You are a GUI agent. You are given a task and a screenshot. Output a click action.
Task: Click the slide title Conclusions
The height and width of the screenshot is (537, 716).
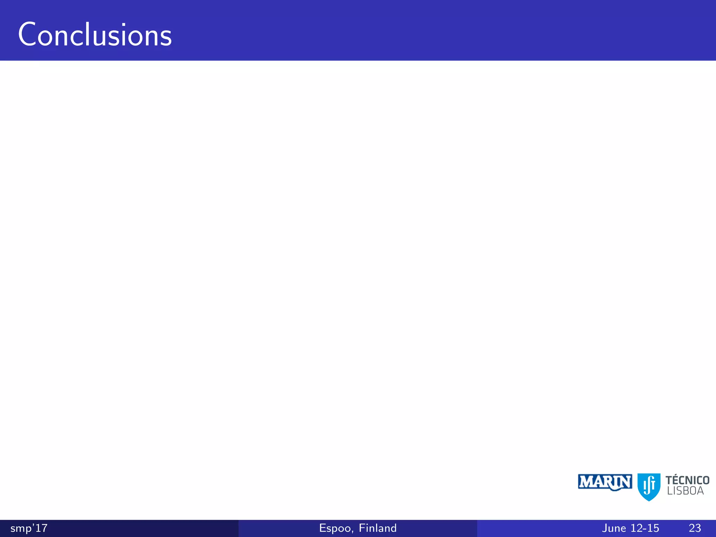pos(95,35)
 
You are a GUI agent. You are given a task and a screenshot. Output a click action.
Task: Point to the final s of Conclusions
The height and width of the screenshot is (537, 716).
pos(165,38)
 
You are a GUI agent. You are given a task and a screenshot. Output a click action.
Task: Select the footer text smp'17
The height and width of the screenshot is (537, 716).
pos(29,528)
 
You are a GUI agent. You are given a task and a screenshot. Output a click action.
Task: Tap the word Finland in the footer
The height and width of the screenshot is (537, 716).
pos(378,528)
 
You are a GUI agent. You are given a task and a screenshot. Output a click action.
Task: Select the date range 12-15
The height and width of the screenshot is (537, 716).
pos(645,528)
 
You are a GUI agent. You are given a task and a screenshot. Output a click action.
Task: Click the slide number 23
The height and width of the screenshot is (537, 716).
pos(695,528)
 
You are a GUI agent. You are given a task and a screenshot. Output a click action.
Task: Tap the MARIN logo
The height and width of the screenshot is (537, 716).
pos(605,482)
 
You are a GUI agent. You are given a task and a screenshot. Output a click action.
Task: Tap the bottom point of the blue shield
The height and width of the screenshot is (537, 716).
pos(649,500)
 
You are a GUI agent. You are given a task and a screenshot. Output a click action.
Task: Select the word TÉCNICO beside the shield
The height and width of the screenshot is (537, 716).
pos(687,480)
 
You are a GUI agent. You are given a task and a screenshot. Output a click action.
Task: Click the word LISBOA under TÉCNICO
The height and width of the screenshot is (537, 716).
pos(685,491)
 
